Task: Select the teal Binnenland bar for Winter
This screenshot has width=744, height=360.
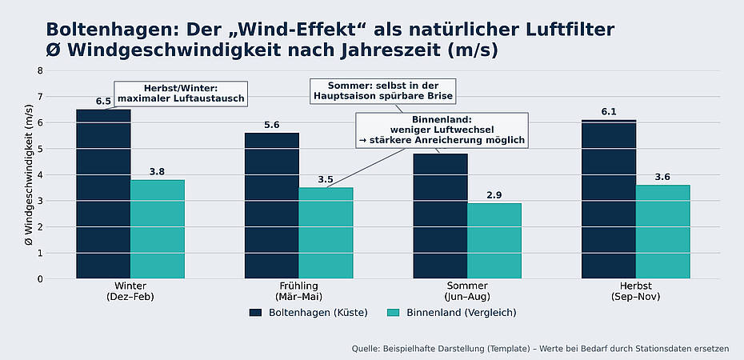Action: coord(158,230)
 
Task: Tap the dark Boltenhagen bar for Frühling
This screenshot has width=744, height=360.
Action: coord(271,206)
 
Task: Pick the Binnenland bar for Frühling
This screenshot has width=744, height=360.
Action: coord(326,234)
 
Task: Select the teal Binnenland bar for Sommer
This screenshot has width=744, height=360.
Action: coord(494,241)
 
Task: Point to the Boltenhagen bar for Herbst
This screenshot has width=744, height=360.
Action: coord(609,199)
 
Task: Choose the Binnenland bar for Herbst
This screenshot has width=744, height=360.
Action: coord(663,232)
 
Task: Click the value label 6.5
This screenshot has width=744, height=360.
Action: coord(103,102)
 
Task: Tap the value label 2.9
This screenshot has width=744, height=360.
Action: coord(494,195)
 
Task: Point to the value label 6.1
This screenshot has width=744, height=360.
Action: coord(609,112)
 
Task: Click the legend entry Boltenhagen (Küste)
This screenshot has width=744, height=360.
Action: coord(308,313)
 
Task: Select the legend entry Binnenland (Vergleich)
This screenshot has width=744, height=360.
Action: coord(452,313)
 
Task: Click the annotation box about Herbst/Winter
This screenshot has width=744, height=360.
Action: coord(181,94)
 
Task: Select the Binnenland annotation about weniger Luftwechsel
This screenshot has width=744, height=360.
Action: coord(442,130)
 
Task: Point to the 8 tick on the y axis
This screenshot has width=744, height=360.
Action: coord(40,70)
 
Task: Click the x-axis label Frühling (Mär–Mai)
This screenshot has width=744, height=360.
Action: coord(298,291)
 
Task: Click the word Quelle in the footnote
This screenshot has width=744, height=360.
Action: coord(367,349)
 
